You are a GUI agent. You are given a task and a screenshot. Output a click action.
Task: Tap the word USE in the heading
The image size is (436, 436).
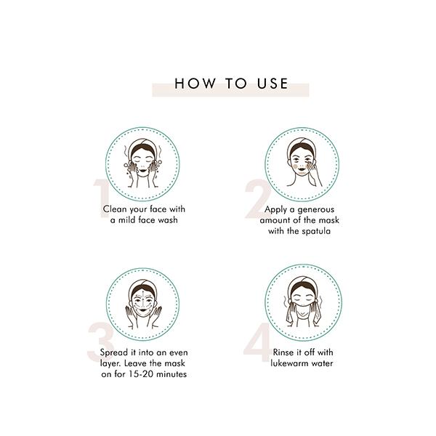coord(272,84)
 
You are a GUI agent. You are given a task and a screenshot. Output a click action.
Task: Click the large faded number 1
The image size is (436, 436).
coord(101,198)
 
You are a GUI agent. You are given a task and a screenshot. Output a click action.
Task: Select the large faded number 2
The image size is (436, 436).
coord(257,198)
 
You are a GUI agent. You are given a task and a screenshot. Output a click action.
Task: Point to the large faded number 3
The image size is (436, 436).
coord(100,342)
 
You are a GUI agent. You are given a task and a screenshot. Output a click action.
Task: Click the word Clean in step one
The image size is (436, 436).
coord(115,209)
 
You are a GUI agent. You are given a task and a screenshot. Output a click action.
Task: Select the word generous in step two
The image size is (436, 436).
coord(315,210)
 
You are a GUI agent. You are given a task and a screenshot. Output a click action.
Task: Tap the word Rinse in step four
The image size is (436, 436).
coord(283,352)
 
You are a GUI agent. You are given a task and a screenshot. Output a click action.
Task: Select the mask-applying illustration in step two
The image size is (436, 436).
coord(302,164)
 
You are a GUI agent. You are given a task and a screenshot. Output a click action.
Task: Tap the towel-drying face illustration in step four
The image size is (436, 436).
coord(303,302)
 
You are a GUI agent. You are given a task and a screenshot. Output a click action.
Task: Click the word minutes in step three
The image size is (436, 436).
coord(171,374)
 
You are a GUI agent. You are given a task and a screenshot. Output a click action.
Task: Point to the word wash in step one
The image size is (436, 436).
coord(168,220)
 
